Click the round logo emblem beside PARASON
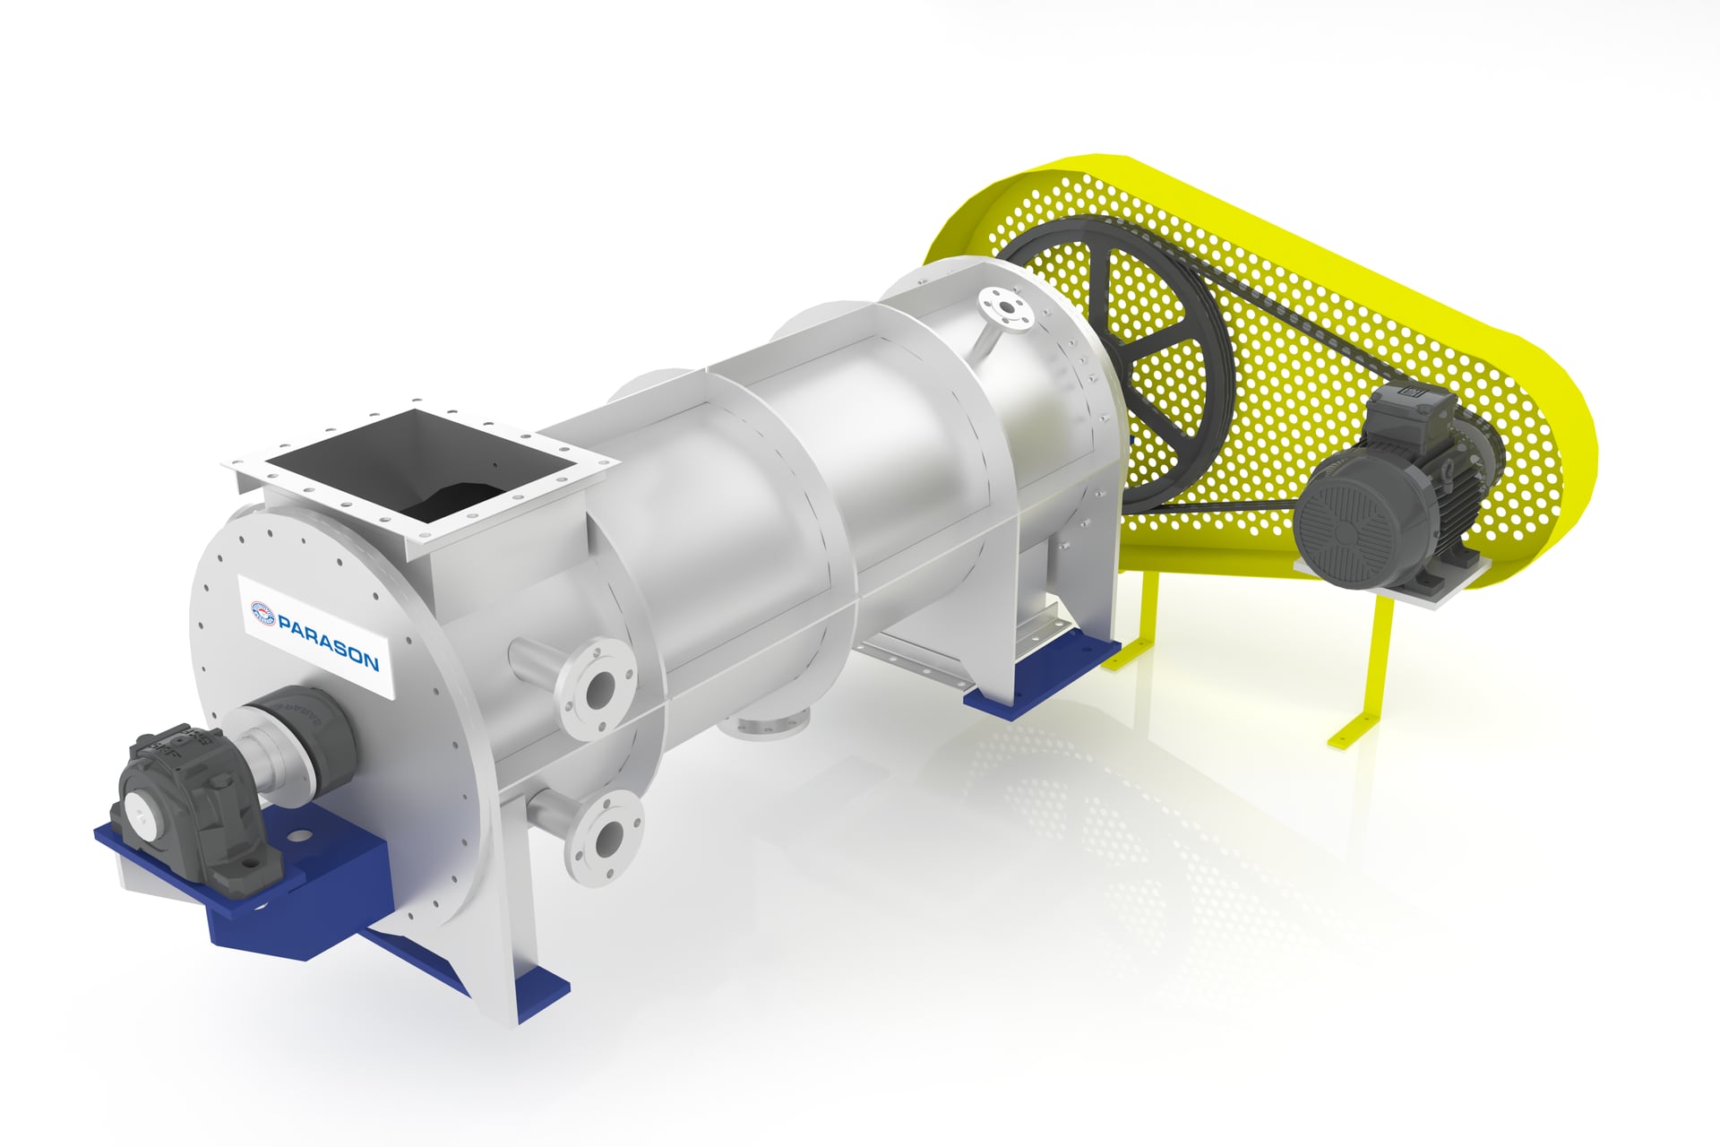tap(262, 612)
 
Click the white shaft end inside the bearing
tap(142, 807)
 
